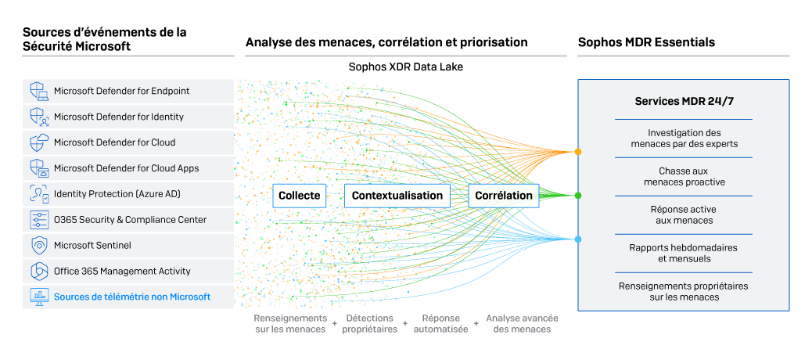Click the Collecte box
click(299, 195)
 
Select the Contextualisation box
click(397, 195)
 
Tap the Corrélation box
click(505, 195)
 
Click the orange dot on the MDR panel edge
click(577, 151)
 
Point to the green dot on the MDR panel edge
click(577, 195)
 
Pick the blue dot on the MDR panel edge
click(577, 239)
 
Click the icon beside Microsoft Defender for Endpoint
click(39, 91)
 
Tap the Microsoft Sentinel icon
click(39, 245)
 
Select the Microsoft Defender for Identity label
click(118, 117)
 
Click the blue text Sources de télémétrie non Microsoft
click(131, 297)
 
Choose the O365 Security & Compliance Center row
click(130, 220)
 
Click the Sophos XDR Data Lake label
click(405, 67)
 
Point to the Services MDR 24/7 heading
click(683, 102)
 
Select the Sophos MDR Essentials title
click(646, 41)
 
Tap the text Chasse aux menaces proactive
click(684, 176)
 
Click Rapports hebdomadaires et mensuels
click(684, 253)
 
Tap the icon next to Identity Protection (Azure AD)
click(39, 193)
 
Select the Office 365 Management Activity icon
click(39, 271)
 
